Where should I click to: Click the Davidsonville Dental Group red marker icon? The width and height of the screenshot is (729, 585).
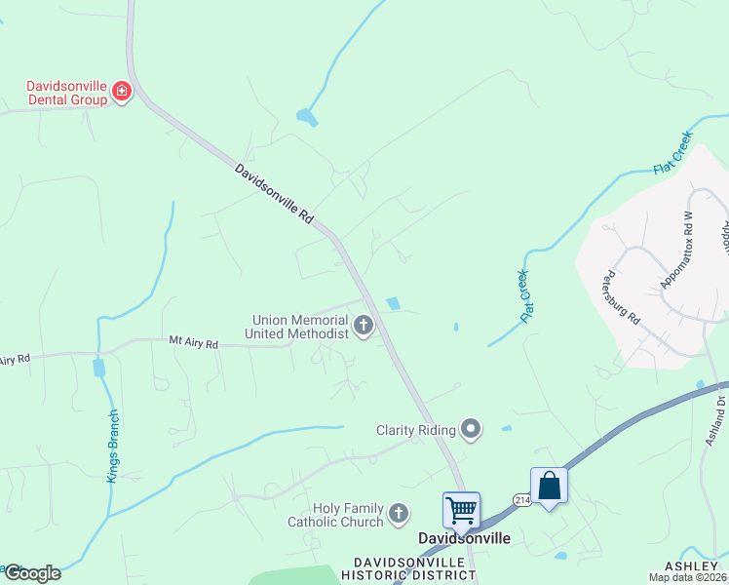pyautogui.click(x=122, y=93)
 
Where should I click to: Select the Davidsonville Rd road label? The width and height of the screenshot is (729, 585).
pyautogui.click(x=274, y=194)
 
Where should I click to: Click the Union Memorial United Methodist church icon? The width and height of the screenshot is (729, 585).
pyautogui.click(x=364, y=326)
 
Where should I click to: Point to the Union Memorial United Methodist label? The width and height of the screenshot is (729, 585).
pyautogui.click(x=300, y=326)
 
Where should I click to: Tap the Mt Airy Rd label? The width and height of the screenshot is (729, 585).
pyautogui.click(x=194, y=343)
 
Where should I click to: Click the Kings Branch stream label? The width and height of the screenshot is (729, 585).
pyautogui.click(x=113, y=445)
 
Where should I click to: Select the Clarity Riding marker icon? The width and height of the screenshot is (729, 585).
pyautogui.click(x=471, y=429)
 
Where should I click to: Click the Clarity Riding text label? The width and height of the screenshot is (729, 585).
pyautogui.click(x=416, y=430)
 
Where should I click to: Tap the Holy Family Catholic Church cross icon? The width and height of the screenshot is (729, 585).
pyautogui.click(x=398, y=514)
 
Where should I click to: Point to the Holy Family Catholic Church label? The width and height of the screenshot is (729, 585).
pyautogui.click(x=335, y=515)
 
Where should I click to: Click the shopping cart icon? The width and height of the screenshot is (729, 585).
pyautogui.click(x=461, y=508)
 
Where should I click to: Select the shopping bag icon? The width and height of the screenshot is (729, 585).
pyautogui.click(x=549, y=485)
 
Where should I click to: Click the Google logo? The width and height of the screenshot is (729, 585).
pyautogui.click(x=31, y=573)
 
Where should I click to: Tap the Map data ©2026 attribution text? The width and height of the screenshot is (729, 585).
pyautogui.click(x=687, y=577)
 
